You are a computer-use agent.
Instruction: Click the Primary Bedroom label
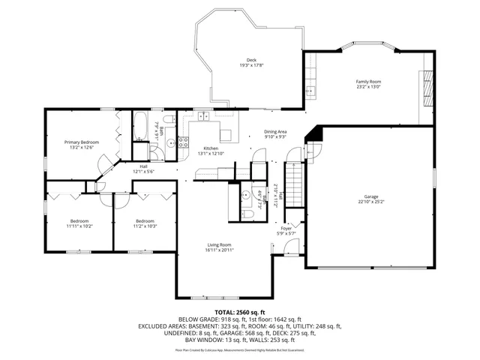point(81,142)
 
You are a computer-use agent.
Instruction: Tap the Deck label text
point(251,61)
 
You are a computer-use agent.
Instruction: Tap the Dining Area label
point(275,132)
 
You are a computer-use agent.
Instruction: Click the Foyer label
point(286,229)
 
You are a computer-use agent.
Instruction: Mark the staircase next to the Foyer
point(297,184)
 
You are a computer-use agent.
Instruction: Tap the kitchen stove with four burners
point(226,134)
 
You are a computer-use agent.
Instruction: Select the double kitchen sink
point(201,115)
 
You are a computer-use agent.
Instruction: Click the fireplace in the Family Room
point(428,86)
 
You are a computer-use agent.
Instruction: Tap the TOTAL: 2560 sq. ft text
point(240,312)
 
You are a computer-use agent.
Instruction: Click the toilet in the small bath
point(250,214)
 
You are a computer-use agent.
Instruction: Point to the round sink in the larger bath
point(170,142)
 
